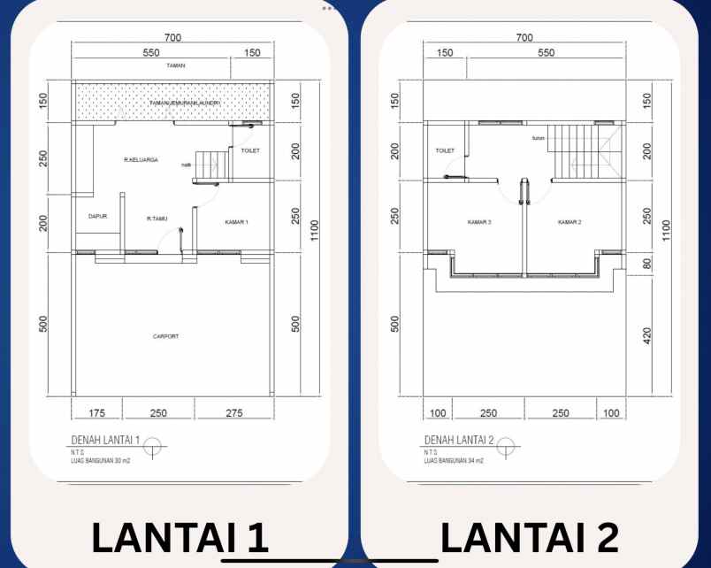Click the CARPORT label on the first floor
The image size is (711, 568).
click(165, 336)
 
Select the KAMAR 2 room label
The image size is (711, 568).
click(569, 222)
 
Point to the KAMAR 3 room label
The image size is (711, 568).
click(479, 222)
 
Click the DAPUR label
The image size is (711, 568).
click(97, 216)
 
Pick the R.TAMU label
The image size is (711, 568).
click(157, 218)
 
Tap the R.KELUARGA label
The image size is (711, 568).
click(141, 160)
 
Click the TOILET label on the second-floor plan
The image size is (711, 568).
click(444, 150)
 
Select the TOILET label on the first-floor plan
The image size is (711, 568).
click(251, 151)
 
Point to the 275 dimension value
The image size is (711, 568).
click(234, 412)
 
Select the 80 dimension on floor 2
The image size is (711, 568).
click(647, 264)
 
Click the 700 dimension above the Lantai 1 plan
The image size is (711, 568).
click(172, 37)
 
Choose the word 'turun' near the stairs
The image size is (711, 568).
click(538, 138)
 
